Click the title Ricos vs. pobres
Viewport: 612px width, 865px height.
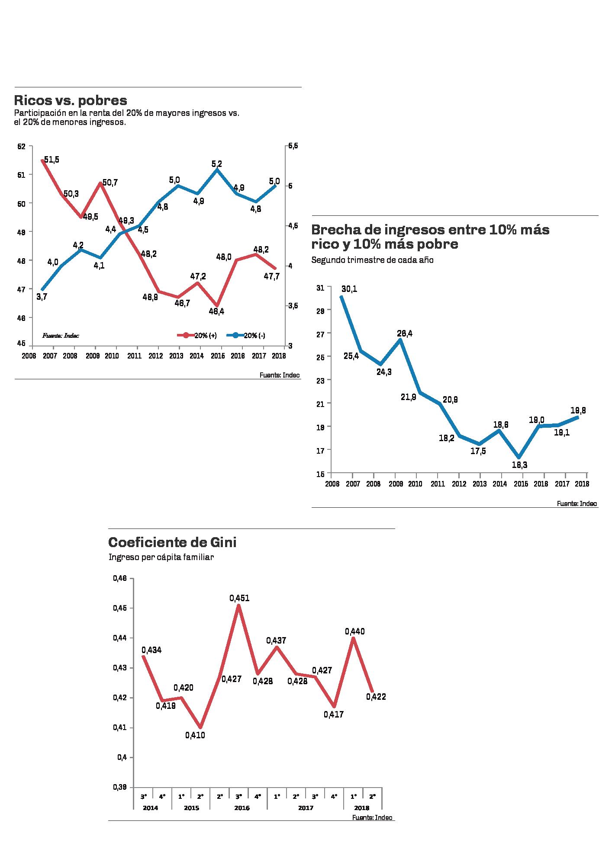coord(71,100)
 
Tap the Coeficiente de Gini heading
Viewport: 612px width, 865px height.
coord(172,542)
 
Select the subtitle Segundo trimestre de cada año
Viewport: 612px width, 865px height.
coord(372,260)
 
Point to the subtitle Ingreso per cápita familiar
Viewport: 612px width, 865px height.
coord(161,557)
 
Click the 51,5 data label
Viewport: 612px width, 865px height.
coord(51,160)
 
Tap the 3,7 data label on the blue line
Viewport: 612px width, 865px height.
coord(42,297)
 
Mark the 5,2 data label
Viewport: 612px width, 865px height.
coord(216,164)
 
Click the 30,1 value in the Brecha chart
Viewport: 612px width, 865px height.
coord(349,289)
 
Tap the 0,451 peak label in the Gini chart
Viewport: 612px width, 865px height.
coord(239,598)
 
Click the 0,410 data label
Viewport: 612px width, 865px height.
coord(195,735)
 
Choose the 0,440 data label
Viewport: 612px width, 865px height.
coord(354,631)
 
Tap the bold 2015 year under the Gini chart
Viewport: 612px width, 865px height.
coord(191,807)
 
